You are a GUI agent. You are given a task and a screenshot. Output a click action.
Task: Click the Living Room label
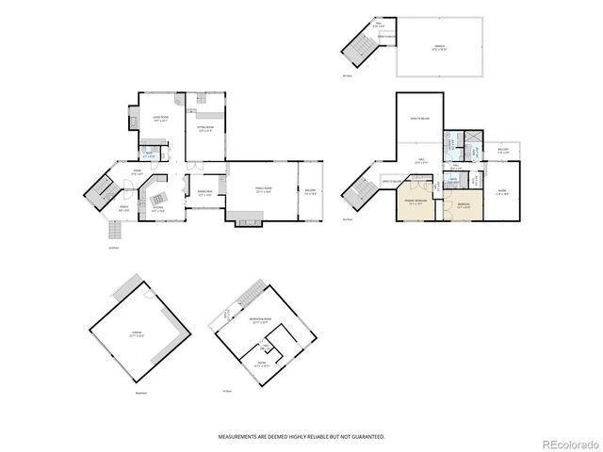pyautogui.click(x=161, y=118)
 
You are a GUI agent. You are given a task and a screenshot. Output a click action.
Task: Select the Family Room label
pyautogui.click(x=262, y=189)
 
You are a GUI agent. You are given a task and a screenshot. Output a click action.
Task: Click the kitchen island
pyautogui.click(x=158, y=198)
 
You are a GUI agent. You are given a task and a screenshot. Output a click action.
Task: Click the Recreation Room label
pyautogui.click(x=260, y=320)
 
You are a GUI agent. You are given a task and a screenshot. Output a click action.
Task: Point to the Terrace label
pyautogui.click(x=439, y=46)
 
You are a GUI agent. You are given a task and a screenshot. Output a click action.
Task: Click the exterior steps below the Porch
pyautogui.click(x=112, y=233)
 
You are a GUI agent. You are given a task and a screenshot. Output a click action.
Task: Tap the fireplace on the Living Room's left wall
pyautogui.click(x=132, y=117)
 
